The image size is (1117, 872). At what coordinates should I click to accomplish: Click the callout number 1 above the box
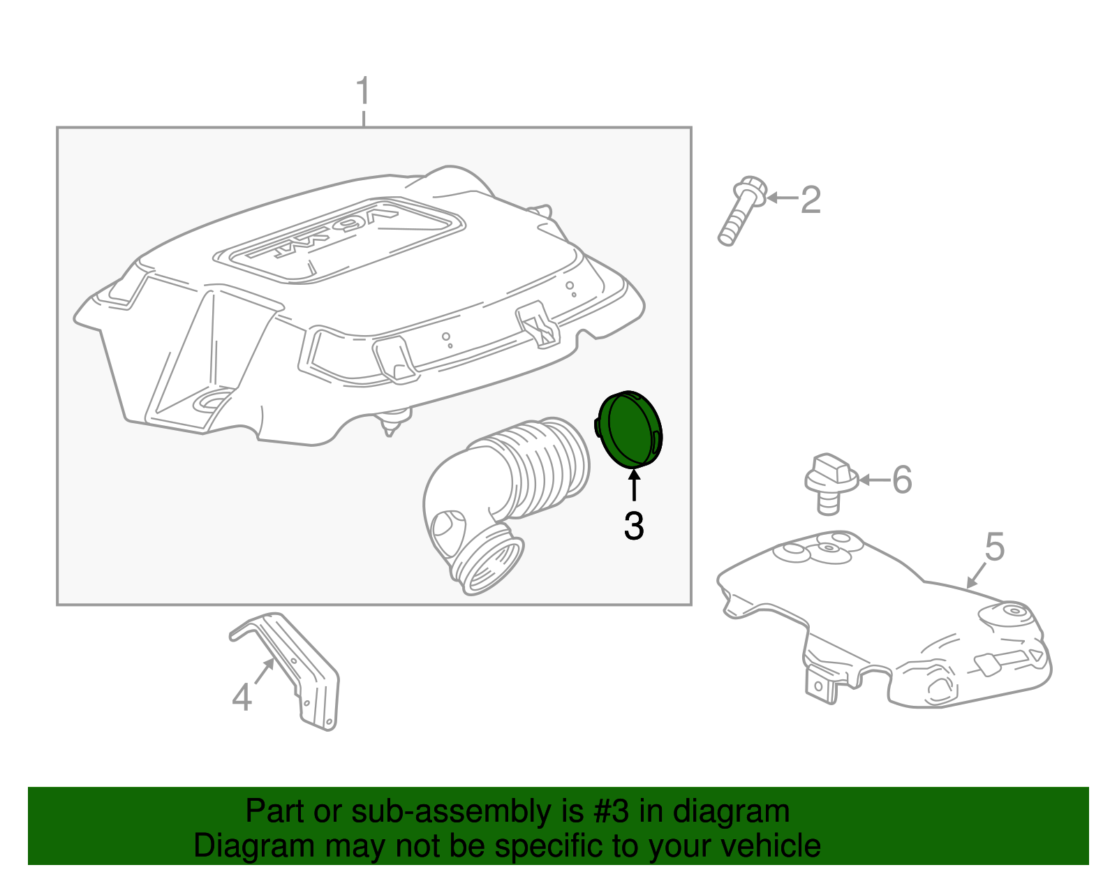coord(364,91)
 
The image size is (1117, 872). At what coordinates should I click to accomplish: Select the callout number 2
coord(811,200)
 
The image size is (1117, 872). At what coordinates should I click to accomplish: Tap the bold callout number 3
coord(634,526)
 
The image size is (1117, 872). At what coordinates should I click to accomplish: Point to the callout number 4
coord(242,697)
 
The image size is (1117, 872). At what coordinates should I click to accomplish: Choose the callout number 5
coord(995,547)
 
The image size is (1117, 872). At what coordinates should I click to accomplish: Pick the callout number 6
coord(902,480)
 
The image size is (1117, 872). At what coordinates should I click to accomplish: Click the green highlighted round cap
coord(628,429)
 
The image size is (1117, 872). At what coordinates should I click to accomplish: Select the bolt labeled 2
coord(741,211)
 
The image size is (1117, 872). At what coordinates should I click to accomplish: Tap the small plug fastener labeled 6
coord(830,484)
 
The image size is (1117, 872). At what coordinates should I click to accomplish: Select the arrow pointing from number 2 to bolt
coord(783,198)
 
